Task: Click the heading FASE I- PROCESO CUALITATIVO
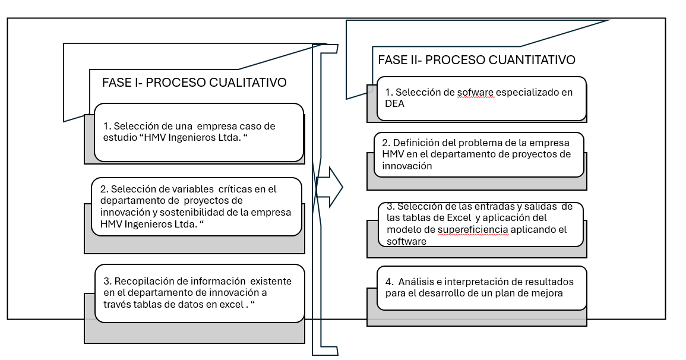click(x=194, y=83)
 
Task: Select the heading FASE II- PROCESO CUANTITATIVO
click(x=476, y=60)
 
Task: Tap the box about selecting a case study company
click(x=198, y=132)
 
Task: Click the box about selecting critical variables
click(x=196, y=207)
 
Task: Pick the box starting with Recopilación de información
click(x=200, y=292)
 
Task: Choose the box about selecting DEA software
click(x=480, y=98)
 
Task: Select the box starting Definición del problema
click(x=478, y=154)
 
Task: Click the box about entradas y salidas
click(x=480, y=224)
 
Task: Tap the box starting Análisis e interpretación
click(x=482, y=288)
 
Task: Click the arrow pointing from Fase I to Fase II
click(x=330, y=187)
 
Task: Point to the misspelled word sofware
click(x=476, y=93)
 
